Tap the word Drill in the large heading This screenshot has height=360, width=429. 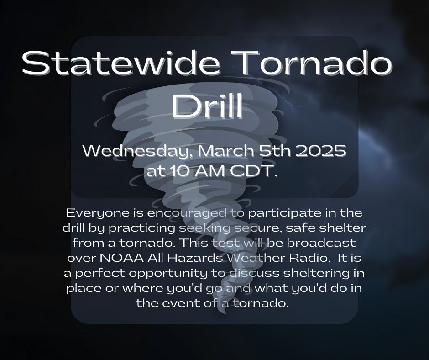click(206, 106)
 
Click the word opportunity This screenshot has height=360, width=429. click(165, 273)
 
